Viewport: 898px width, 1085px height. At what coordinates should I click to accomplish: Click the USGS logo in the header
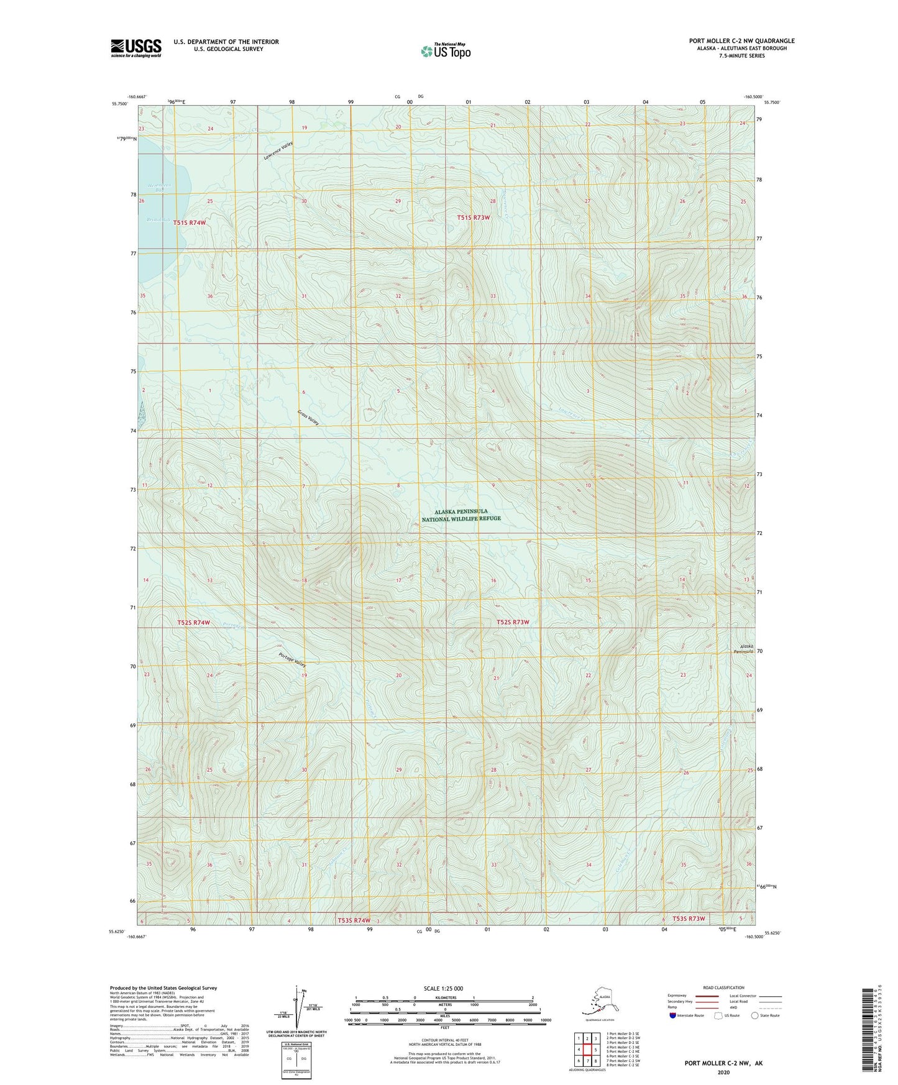136,48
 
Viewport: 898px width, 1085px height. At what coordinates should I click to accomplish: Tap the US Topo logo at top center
445,51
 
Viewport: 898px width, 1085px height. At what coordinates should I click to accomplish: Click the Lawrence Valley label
278,151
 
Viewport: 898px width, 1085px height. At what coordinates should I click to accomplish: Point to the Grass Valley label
308,417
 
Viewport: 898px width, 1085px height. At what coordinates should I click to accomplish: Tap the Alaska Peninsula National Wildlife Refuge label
461,515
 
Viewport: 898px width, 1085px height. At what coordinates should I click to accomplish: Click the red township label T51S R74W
190,222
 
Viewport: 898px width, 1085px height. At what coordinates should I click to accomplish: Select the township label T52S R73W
513,622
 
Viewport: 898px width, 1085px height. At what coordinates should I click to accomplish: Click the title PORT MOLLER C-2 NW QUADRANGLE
741,41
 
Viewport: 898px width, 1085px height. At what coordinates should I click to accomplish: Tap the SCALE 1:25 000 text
443,989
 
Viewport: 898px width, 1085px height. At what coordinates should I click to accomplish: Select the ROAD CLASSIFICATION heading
723,987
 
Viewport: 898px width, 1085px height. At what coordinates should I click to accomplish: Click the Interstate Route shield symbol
673,1016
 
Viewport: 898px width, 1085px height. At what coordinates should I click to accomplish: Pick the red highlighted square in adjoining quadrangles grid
587,1050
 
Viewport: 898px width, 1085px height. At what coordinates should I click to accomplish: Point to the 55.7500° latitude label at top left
120,103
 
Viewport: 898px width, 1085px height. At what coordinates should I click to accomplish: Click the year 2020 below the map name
723,1072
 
